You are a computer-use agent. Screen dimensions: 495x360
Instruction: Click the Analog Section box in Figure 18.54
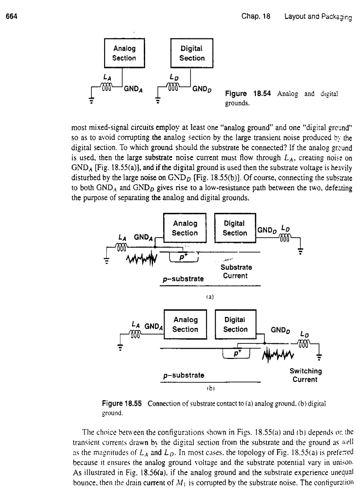pyautogui.click(x=124, y=53)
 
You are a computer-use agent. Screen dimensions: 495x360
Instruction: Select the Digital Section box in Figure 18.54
pyautogui.click(x=192, y=53)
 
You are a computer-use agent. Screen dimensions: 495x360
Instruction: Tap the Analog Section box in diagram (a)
pyautogui.click(x=185, y=228)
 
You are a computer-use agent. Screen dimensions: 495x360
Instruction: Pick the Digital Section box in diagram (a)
pyautogui.click(x=235, y=228)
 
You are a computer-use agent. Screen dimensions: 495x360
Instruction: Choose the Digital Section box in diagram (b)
pyautogui.click(x=235, y=324)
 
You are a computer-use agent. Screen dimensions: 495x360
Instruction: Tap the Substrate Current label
pyautogui.click(x=236, y=272)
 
